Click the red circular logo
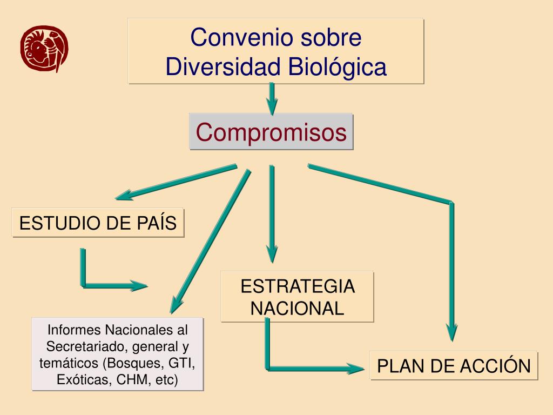point(45,49)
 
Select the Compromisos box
point(271,131)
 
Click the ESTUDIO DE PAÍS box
point(98,223)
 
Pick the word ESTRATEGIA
point(298,286)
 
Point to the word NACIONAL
point(298,308)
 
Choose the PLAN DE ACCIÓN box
point(454,366)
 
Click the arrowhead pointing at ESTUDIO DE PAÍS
point(123,195)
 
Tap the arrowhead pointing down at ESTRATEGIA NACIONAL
point(272,254)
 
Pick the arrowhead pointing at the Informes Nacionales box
point(174,305)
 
